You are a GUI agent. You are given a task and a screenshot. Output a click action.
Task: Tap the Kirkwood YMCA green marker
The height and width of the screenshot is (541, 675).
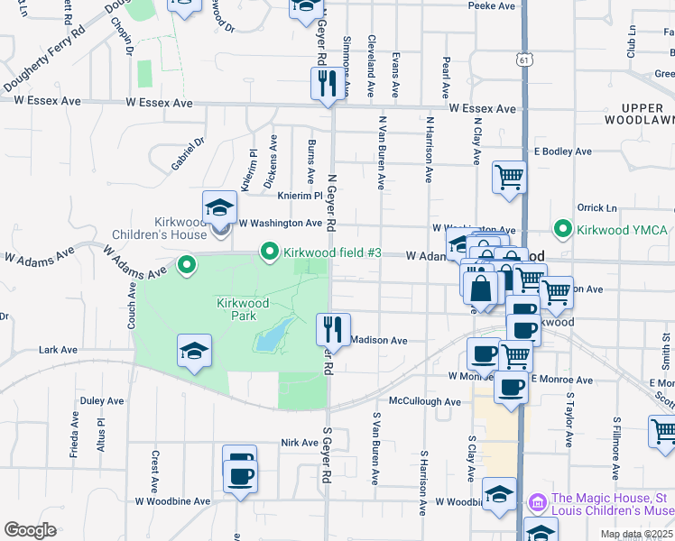[565, 229]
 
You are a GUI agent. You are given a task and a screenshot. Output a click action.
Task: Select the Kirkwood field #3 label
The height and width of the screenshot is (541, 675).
[328, 252]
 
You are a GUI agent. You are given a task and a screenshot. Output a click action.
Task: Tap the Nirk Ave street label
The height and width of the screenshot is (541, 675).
[300, 443]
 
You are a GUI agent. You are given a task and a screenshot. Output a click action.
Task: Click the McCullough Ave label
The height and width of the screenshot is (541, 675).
[425, 401]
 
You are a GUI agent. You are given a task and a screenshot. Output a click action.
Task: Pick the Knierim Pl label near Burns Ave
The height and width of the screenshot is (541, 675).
[301, 195]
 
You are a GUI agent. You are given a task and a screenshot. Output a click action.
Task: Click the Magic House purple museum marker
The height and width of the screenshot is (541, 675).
[538, 500]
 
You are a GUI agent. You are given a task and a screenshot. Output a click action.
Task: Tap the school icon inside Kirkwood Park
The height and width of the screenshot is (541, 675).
[194, 351]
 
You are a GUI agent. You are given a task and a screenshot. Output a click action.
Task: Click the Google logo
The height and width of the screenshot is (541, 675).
[30, 530]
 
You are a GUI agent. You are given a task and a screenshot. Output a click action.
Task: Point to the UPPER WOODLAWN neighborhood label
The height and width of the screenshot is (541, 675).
[640, 114]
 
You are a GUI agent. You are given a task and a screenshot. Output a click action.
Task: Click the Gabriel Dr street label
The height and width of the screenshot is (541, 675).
[189, 154]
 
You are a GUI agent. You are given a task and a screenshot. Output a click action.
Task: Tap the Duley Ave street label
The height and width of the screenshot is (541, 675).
[102, 400]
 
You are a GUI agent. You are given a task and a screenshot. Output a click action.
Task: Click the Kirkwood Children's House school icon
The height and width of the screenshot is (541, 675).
[218, 209]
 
